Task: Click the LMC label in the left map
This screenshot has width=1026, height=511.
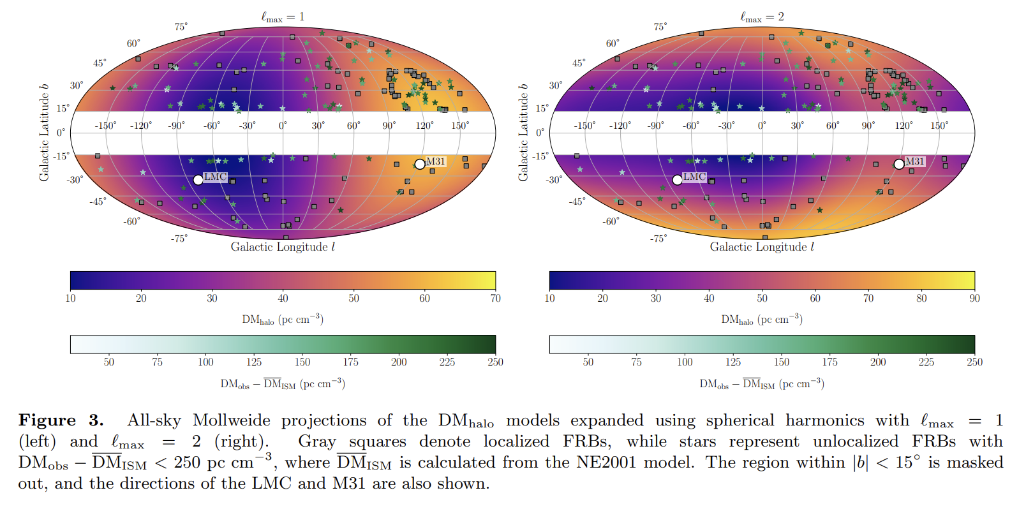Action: (215, 177)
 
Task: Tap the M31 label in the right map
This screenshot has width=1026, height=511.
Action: (914, 161)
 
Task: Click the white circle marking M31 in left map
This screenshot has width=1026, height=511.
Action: (420, 165)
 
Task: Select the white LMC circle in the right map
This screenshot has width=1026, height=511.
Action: (677, 180)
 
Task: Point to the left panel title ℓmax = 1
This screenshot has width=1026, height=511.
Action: (283, 17)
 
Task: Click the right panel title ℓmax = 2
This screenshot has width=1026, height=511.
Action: (762, 17)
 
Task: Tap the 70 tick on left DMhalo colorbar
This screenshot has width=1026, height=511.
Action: (495, 298)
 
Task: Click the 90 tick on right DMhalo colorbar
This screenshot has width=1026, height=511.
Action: (974, 298)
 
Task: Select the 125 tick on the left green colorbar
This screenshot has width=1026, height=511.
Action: (254, 362)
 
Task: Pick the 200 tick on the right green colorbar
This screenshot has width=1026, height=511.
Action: (878, 362)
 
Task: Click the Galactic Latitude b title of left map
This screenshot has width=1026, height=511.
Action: (44, 133)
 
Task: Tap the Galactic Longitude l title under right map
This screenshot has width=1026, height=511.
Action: (762, 247)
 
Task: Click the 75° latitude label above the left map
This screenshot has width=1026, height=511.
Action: (181, 27)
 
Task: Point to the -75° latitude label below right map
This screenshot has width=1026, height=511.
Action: (658, 239)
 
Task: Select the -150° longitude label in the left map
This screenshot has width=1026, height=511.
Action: (105, 126)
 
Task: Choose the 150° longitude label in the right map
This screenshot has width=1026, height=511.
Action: (939, 126)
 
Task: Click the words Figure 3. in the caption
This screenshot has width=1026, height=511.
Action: (61, 420)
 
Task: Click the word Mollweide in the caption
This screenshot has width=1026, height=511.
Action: (231, 420)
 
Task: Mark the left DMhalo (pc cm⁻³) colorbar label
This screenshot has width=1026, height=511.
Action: (283, 319)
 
